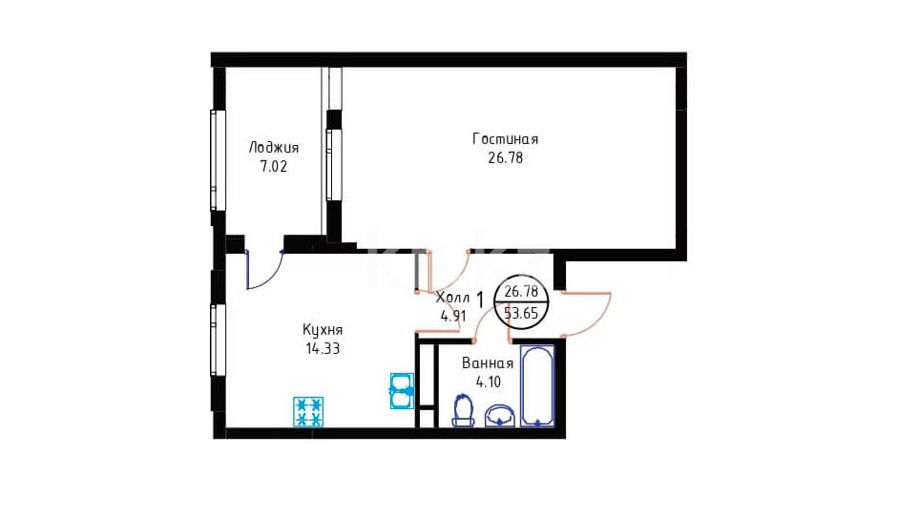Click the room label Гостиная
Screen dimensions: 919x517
(505, 139)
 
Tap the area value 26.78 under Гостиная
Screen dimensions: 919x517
(505, 158)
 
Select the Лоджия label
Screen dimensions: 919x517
(274, 148)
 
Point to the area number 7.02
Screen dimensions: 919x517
(274, 167)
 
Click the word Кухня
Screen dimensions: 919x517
(323, 330)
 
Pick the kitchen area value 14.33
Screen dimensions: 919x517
(323, 349)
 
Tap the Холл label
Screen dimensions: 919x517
(452, 298)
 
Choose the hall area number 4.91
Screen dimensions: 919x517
(453, 316)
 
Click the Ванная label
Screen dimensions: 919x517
(488, 363)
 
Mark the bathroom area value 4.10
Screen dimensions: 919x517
(489, 383)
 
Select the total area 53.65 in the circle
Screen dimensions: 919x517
(522, 313)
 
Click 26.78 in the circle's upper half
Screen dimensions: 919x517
(522, 291)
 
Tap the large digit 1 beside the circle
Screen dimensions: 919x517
(480, 301)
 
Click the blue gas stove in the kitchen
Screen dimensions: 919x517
(308, 412)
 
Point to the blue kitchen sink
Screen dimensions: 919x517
(402, 390)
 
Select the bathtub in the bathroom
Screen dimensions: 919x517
(537, 386)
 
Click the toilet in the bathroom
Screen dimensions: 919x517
(464, 410)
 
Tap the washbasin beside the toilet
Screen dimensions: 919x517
(499, 416)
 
